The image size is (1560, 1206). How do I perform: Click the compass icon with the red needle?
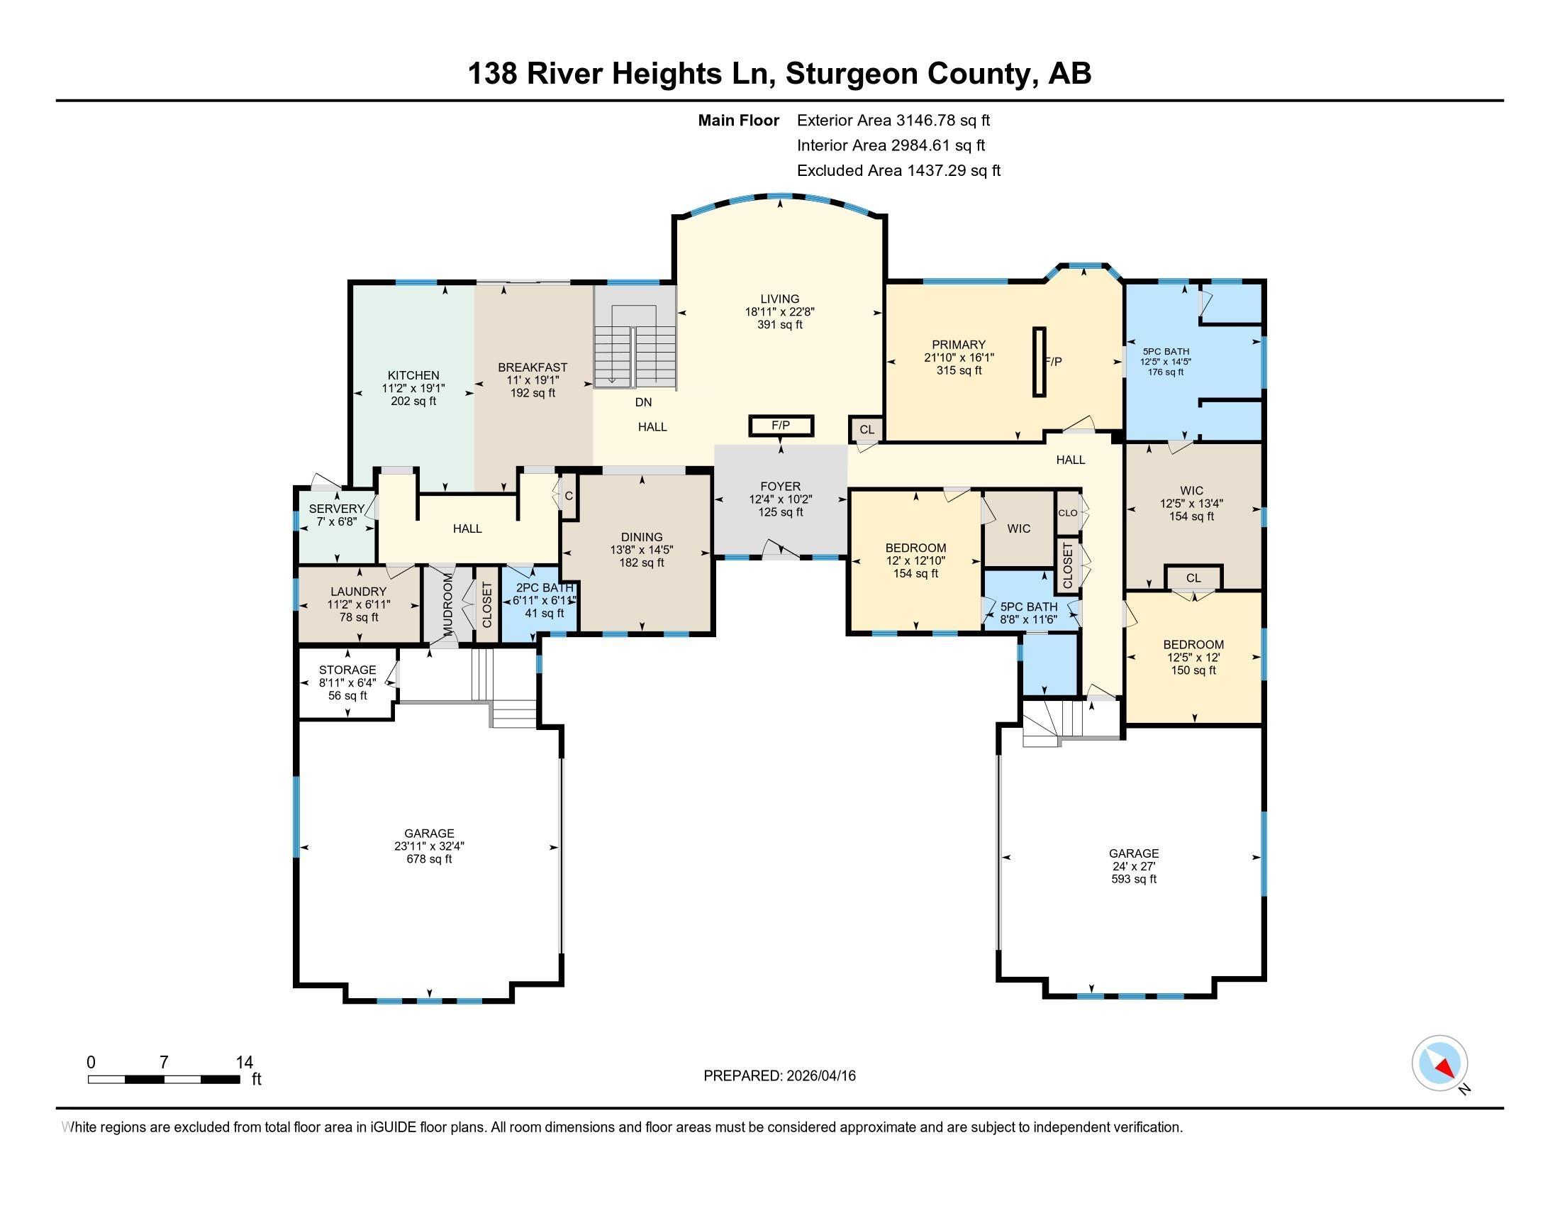[x=1439, y=1063]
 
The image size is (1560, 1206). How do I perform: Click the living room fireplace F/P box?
[x=781, y=426]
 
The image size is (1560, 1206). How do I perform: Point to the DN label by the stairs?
[x=644, y=402]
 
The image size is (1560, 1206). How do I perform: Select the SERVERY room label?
[x=336, y=509]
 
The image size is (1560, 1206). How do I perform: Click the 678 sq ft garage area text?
[x=429, y=859]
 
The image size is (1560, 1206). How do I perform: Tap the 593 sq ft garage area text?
[x=1134, y=879]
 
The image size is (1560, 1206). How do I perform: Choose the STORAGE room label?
[x=347, y=670]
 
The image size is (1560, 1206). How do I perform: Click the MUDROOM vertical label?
[x=448, y=604]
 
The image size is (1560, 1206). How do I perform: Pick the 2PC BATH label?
[x=545, y=587]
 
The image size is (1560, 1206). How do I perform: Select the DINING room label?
[x=642, y=537]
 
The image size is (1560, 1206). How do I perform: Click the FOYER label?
[x=780, y=487]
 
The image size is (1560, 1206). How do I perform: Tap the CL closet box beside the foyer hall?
[x=867, y=429]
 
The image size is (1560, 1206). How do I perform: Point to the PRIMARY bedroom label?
[x=959, y=344]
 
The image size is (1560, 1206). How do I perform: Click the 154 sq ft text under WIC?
[x=1191, y=516]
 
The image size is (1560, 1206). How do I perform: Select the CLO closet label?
[x=1068, y=513]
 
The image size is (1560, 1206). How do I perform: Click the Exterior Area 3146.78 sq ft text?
[x=893, y=120]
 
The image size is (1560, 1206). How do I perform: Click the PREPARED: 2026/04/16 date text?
[x=779, y=1076]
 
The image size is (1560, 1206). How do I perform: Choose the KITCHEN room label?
[x=413, y=375]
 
